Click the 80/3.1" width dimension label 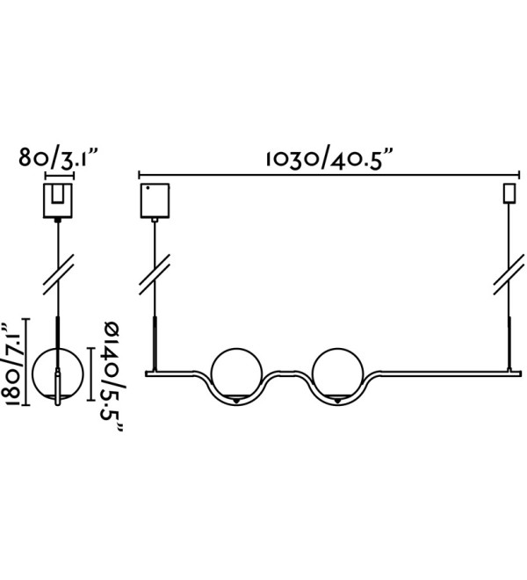tap(59, 159)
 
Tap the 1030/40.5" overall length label tap(328, 159)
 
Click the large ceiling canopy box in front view tap(155, 200)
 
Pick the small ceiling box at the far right tap(509, 193)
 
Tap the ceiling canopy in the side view tap(58, 200)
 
